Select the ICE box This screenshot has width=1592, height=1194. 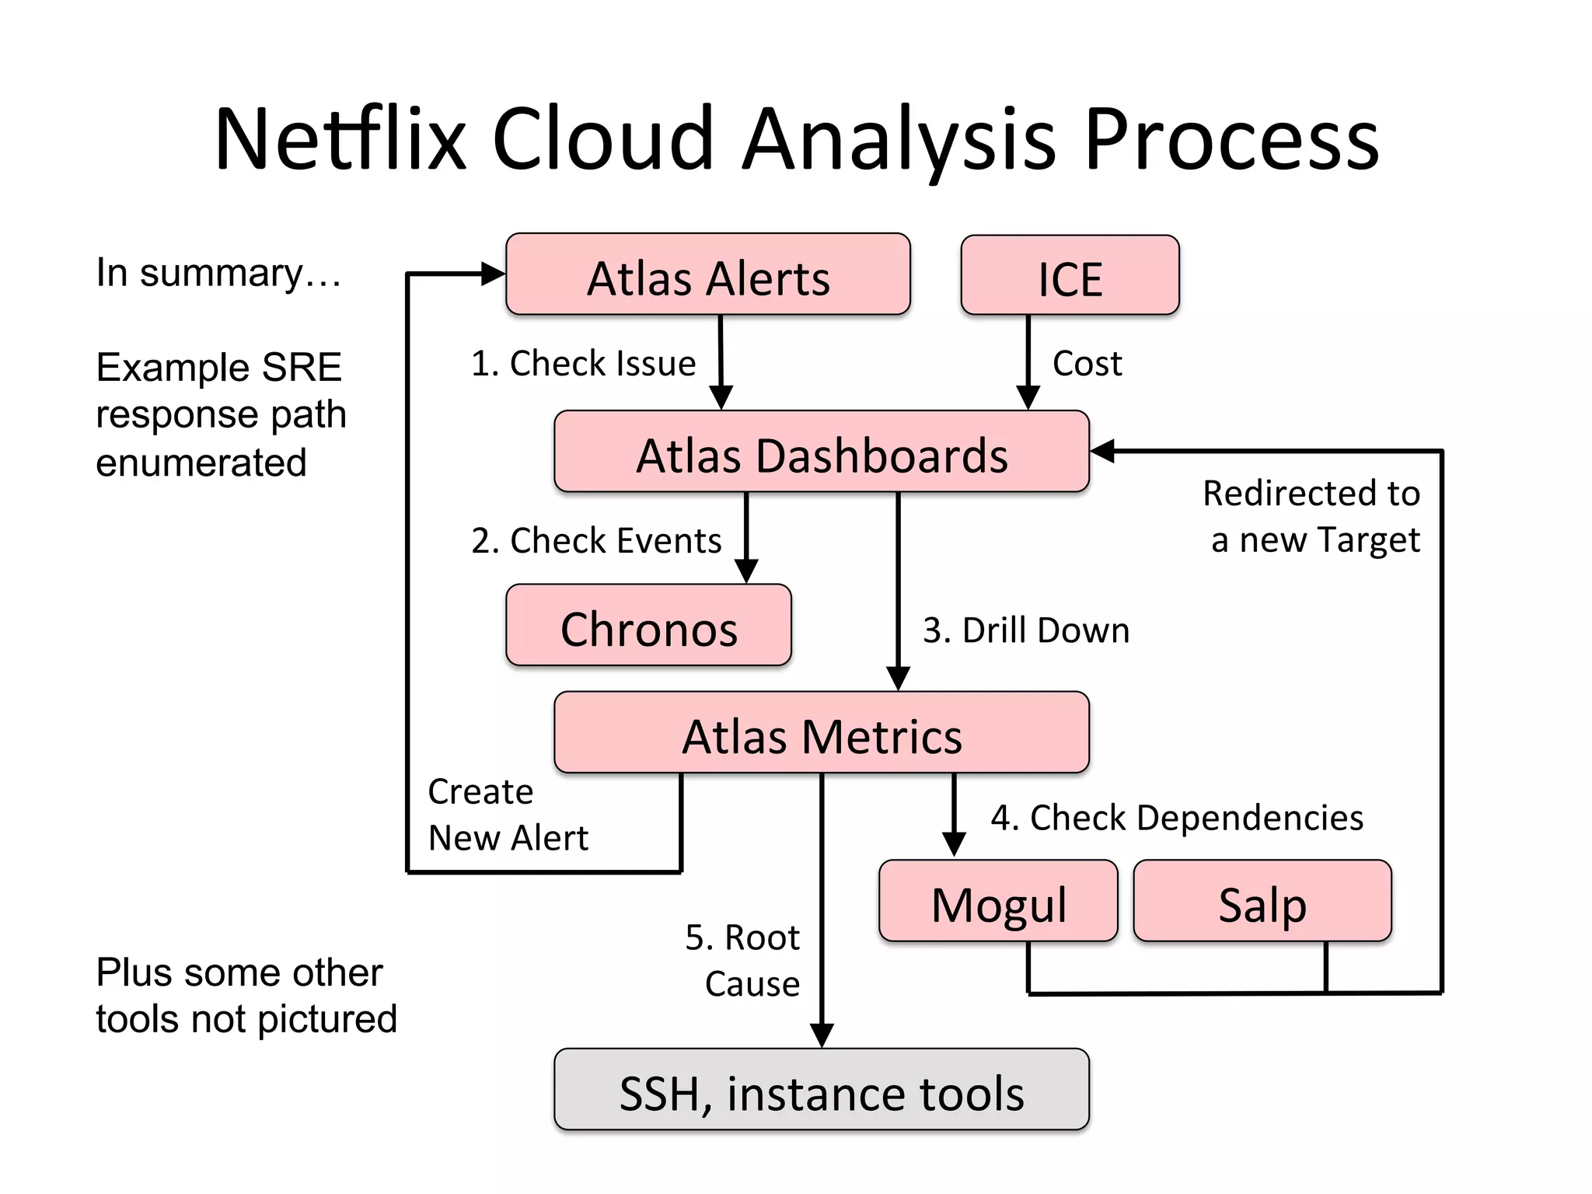pyautogui.click(x=1070, y=276)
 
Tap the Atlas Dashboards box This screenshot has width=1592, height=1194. pyautogui.click(x=821, y=452)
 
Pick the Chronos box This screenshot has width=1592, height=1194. pyautogui.click(x=648, y=626)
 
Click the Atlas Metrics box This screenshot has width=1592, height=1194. pyautogui.click(x=821, y=733)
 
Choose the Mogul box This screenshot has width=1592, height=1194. pyautogui.click(x=998, y=902)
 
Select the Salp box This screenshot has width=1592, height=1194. pyautogui.click(x=1262, y=902)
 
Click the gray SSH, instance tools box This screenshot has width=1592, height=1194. pyautogui.click(x=821, y=1090)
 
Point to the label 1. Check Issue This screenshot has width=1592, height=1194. pyautogui.click(x=583, y=364)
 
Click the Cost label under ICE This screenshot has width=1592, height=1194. pyautogui.click(x=1087, y=364)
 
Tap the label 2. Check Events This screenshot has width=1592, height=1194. pyautogui.click(x=596, y=540)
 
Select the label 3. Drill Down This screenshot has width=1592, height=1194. pyautogui.click(x=1025, y=630)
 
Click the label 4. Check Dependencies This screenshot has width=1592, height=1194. pyautogui.click(x=1176, y=818)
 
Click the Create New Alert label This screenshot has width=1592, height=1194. pyautogui.click(x=507, y=815)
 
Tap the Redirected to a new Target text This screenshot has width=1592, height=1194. pyautogui.click(x=1312, y=515)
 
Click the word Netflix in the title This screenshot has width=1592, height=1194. pyautogui.click(x=339, y=140)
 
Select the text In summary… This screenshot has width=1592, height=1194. pyautogui.click(x=218, y=273)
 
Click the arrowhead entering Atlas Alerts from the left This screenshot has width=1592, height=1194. pyautogui.click(x=493, y=274)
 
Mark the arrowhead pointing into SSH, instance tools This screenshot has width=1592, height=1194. pyautogui.click(x=822, y=1035)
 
